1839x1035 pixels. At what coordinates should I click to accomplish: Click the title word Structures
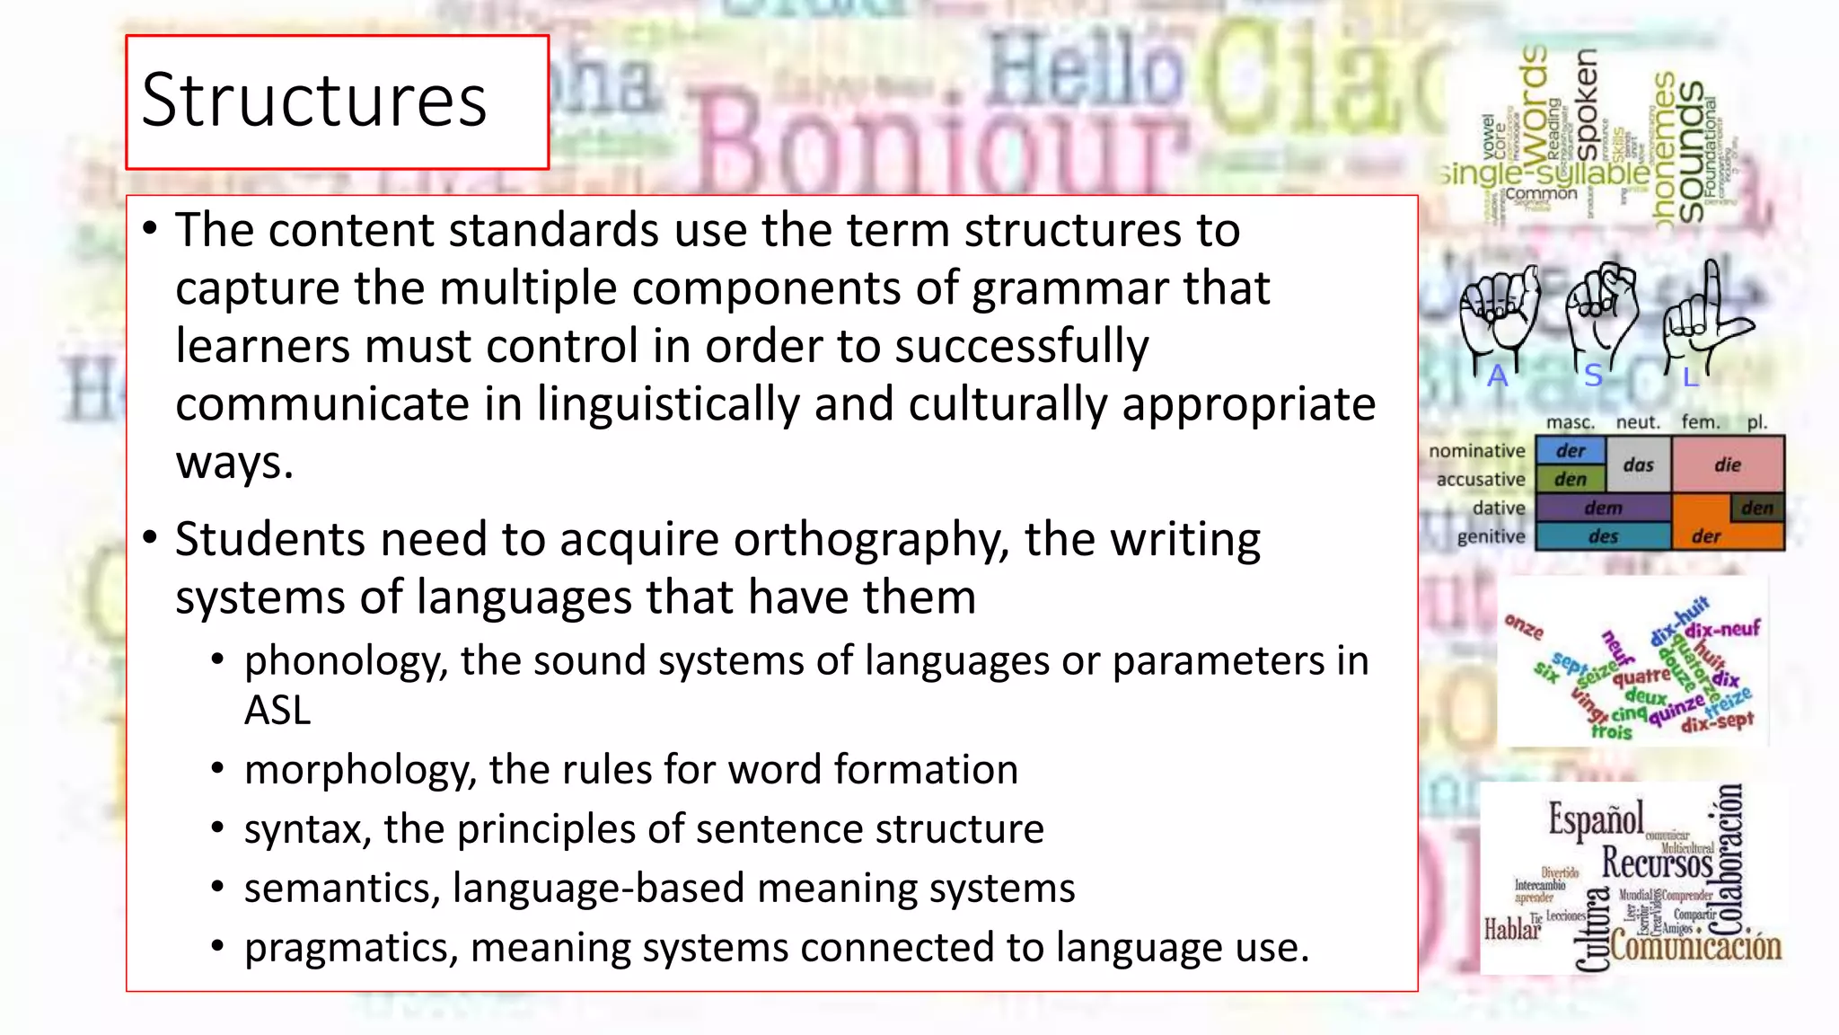(x=313, y=101)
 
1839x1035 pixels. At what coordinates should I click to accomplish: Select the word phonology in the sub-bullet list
(x=345, y=662)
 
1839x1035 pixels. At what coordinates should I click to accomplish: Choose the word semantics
(x=341, y=889)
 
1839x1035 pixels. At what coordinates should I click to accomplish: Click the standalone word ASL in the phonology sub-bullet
(x=277, y=711)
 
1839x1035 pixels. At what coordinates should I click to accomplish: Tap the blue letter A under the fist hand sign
(x=1497, y=376)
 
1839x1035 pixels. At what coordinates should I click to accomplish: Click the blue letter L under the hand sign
(x=1690, y=377)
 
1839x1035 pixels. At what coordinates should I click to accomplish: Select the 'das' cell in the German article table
(x=1638, y=464)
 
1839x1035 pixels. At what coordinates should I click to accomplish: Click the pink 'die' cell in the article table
(x=1727, y=464)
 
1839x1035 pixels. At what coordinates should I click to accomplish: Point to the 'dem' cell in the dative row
(x=1603, y=508)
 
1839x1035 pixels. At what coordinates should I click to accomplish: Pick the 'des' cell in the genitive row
(x=1603, y=536)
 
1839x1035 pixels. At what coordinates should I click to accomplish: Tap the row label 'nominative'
(x=1477, y=450)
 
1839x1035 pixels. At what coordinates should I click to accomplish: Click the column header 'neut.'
(x=1638, y=422)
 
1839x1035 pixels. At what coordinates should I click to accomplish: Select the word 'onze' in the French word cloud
(x=1524, y=626)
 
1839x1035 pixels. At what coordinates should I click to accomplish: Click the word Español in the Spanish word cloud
(x=1596, y=818)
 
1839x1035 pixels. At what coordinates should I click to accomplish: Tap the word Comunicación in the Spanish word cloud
(x=1695, y=946)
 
